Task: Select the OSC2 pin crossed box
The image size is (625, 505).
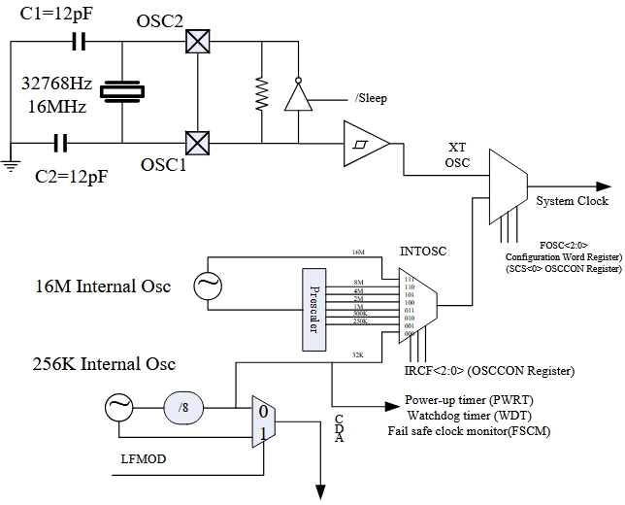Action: coord(198,42)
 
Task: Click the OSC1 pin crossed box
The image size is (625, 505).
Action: coord(198,144)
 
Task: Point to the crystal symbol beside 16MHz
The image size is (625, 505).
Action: coord(124,91)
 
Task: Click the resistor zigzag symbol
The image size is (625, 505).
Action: coord(260,92)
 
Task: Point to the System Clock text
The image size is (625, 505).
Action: coord(573,201)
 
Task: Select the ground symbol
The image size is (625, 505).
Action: coord(10,166)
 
